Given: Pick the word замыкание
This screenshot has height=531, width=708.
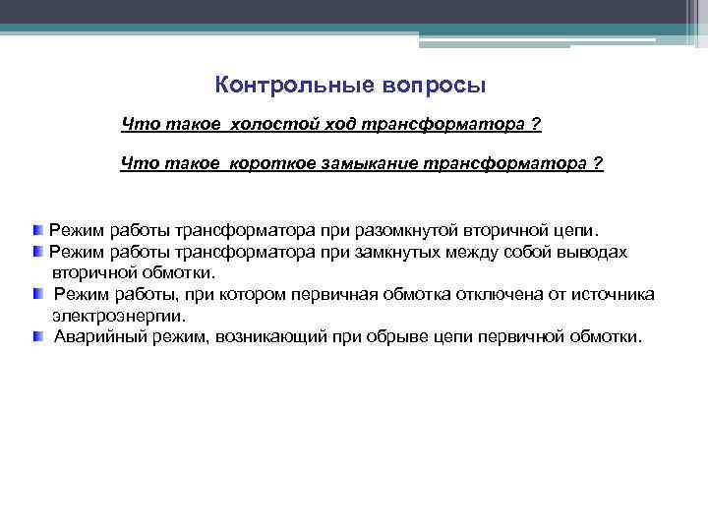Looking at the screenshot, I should click(x=370, y=164).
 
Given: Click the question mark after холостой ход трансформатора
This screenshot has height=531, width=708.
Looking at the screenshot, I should click(x=535, y=126).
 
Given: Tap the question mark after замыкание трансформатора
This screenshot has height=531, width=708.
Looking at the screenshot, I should click(x=598, y=164).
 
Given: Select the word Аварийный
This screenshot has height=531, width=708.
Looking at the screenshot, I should click(x=96, y=336).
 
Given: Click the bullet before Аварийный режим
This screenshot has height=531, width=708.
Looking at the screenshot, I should click(x=37, y=336).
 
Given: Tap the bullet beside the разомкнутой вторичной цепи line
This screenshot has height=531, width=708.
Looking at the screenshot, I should click(x=37, y=229).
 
